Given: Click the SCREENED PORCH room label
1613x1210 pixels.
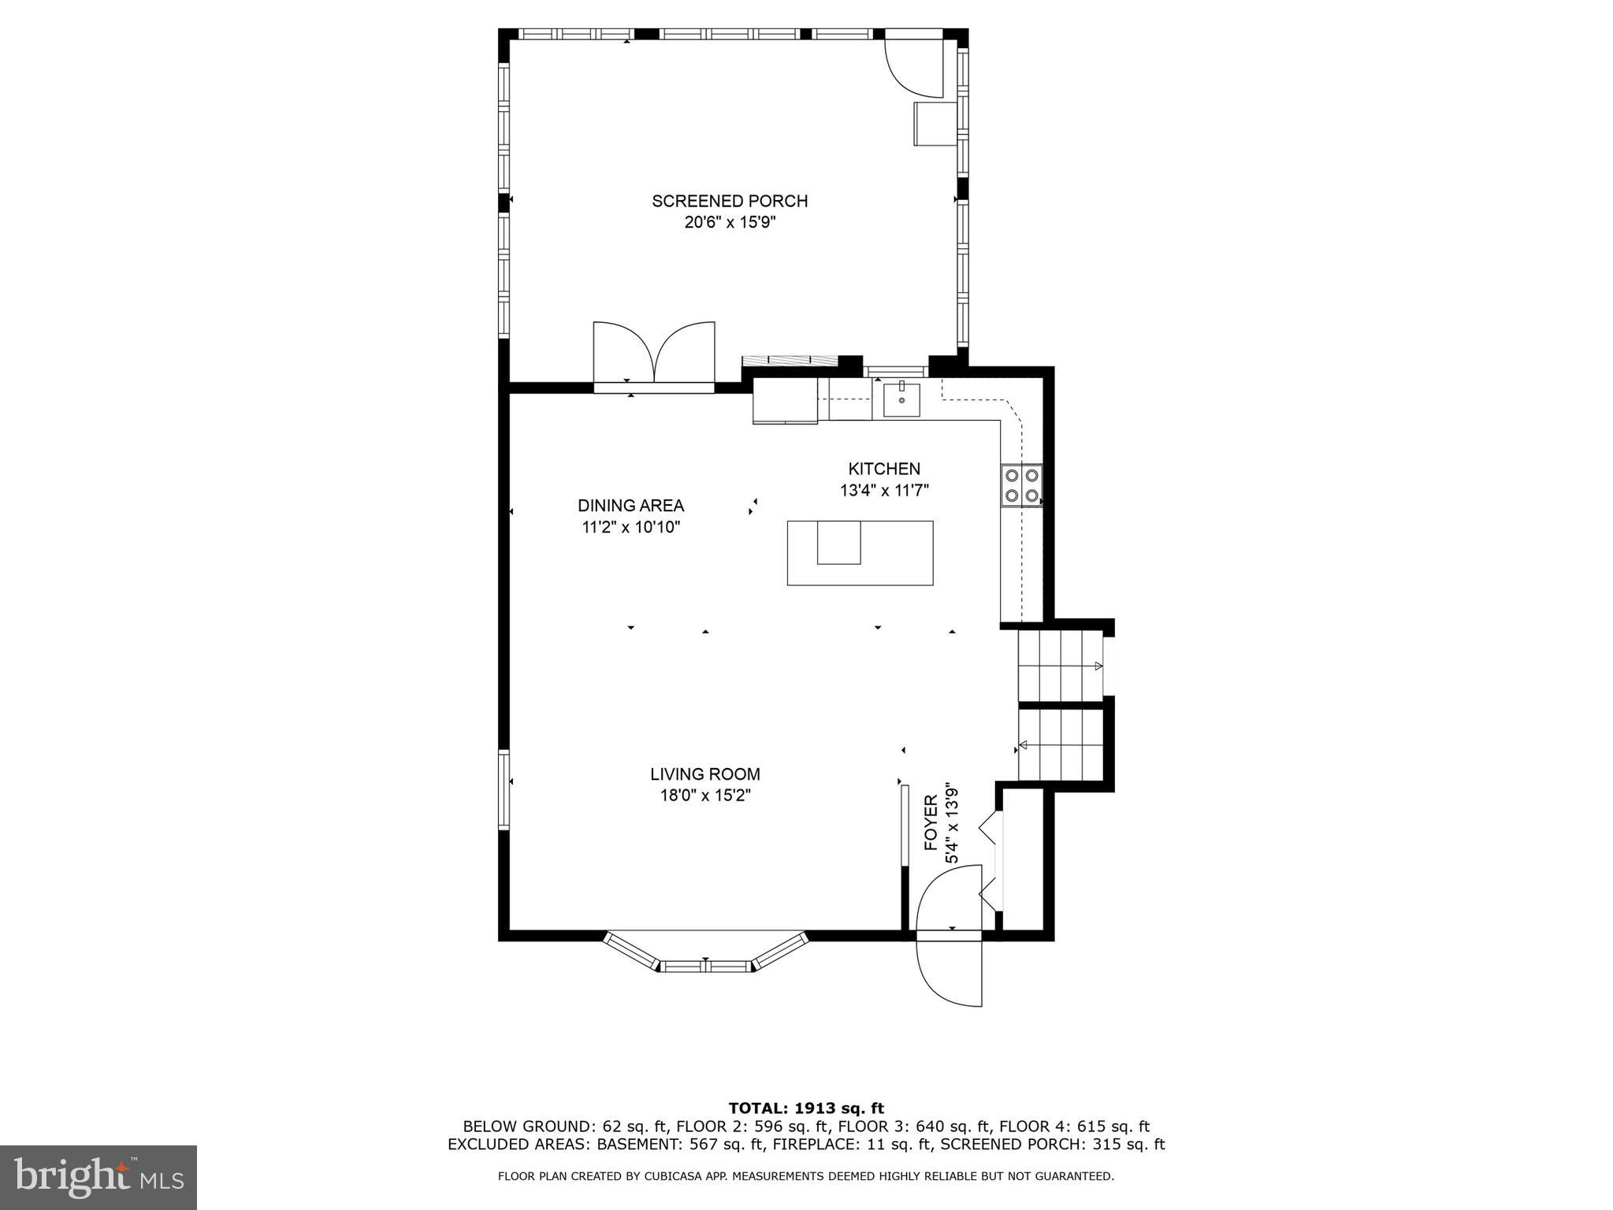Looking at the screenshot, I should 730,201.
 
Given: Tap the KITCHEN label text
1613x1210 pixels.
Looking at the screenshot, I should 884,469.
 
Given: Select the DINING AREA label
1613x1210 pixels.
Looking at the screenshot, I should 630,506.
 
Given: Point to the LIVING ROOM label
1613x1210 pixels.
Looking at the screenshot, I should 705,774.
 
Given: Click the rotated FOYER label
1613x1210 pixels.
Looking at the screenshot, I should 931,823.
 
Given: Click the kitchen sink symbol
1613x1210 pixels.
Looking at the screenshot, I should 901,399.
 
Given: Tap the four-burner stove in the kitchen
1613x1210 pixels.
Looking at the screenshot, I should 1021,485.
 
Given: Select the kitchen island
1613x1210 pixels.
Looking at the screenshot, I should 860,553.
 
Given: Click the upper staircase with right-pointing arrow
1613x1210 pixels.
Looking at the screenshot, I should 1060,666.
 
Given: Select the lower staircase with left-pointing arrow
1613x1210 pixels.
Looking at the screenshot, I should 1060,744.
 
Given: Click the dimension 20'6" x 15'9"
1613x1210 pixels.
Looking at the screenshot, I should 730,223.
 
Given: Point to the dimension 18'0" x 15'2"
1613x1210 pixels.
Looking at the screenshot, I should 705,796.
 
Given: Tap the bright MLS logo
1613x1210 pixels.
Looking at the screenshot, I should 98,1177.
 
